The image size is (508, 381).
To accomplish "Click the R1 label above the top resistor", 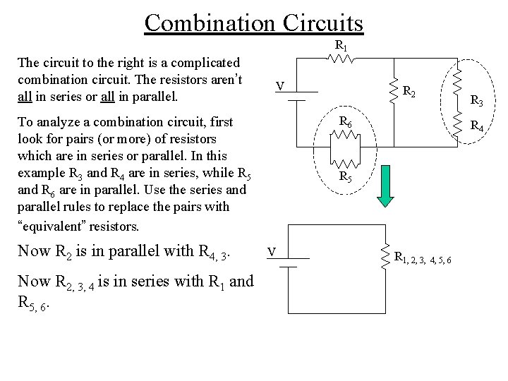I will coord(341,47).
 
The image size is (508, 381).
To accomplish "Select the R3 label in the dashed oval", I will coord(477,102).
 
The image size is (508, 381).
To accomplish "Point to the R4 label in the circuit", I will coord(477,127).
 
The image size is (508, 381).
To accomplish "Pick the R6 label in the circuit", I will coord(346,121).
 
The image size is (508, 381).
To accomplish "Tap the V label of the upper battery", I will coord(280,87).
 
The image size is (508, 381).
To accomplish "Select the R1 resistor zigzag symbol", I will coord(341,60).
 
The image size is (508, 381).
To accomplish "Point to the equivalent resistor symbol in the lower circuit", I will coord(385,255).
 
